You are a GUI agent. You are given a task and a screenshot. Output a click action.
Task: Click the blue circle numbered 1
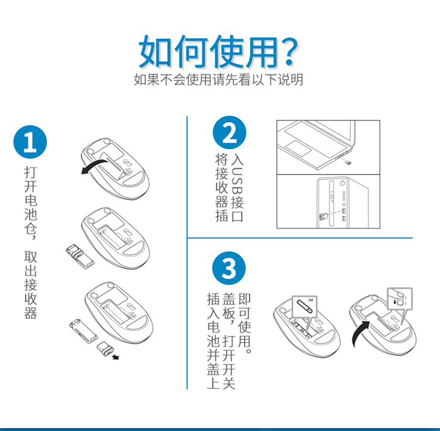[x=30, y=142]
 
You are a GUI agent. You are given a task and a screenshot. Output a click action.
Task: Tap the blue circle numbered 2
[x=229, y=133]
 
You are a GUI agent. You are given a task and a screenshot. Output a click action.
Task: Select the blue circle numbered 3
[x=229, y=268]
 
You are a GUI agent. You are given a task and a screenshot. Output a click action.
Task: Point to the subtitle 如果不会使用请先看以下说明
[x=218, y=80]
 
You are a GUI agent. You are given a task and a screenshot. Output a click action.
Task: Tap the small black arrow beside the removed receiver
[x=116, y=357]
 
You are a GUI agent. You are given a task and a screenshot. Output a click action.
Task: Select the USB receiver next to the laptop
[x=348, y=163]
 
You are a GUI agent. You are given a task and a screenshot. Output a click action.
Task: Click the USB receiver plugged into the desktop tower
[x=324, y=217]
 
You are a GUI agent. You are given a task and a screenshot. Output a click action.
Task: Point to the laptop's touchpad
[x=298, y=148]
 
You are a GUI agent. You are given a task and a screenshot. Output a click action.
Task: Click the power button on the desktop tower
[x=342, y=183]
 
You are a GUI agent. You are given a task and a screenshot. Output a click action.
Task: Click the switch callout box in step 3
[x=400, y=299]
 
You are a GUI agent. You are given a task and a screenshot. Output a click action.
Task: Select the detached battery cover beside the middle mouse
[x=80, y=257]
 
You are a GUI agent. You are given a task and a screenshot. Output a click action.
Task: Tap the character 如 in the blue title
[x=156, y=52]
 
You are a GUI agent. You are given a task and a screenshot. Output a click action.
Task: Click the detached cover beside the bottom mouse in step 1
[x=83, y=332]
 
